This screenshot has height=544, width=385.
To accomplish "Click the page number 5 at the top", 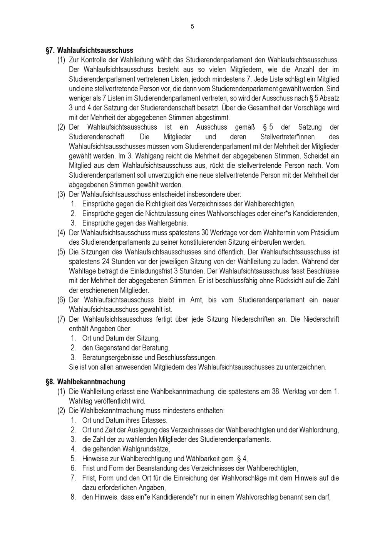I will pyautogui.click(x=192, y=27).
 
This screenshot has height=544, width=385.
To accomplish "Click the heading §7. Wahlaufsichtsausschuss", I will pyautogui.click(x=90, y=50).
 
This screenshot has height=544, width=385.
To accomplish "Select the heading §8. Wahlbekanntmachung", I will pyautogui.click(x=85, y=382).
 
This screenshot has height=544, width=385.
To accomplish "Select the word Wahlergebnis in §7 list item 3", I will pyautogui.click(x=170, y=223).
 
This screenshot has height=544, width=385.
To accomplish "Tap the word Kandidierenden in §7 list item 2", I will pyautogui.click(x=316, y=214).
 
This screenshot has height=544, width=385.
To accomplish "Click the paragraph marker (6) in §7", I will pyautogui.click(x=61, y=300).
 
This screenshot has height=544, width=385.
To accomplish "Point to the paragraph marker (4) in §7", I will pyautogui.click(x=61, y=233).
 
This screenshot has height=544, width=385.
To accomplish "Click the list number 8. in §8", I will pyautogui.click(x=73, y=497).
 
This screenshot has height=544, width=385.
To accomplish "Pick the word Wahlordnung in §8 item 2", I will pyautogui.click(x=321, y=430).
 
